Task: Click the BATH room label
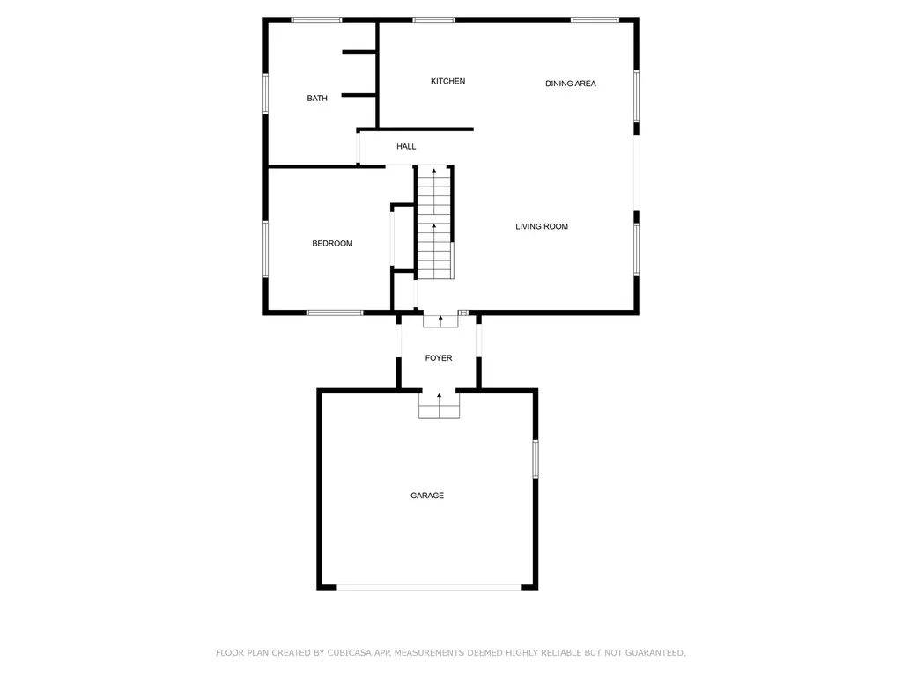317,99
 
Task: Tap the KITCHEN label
447,82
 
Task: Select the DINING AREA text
570,84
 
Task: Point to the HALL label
406,147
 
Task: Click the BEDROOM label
332,244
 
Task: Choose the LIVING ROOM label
542,227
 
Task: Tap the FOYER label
439,358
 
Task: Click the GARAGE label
427,496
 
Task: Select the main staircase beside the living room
434,222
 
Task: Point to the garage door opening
428,587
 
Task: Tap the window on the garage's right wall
536,459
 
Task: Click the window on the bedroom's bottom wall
335,312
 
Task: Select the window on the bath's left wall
266,92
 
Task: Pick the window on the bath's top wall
317,19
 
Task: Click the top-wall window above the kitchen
433,19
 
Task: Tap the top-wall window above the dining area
595,19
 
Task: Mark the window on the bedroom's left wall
266,248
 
